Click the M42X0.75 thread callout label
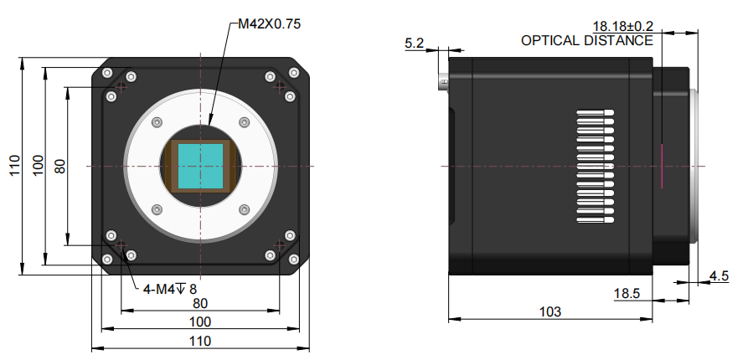[269, 23]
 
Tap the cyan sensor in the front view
[201, 165]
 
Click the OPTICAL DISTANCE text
[586, 40]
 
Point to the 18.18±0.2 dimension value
[622, 26]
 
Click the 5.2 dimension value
[415, 43]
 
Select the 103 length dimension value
[549, 311]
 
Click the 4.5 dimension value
[719, 275]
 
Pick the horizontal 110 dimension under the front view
[199, 341]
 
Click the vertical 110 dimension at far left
[13, 166]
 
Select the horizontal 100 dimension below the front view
[199, 322]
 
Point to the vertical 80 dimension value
[59, 166]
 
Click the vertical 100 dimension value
[37, 166]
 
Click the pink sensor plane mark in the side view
[661, 165]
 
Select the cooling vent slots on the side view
[596, 168]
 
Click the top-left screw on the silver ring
[156, 123]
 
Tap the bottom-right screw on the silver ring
[244, 209]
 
